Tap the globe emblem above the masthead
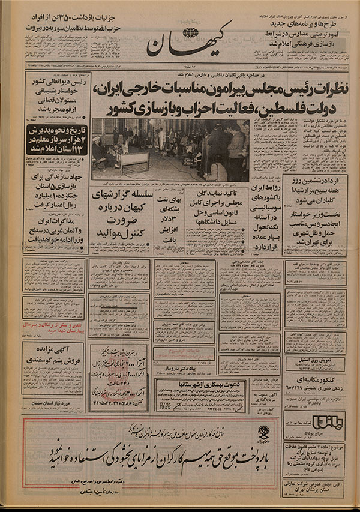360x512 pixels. (191, 32)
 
